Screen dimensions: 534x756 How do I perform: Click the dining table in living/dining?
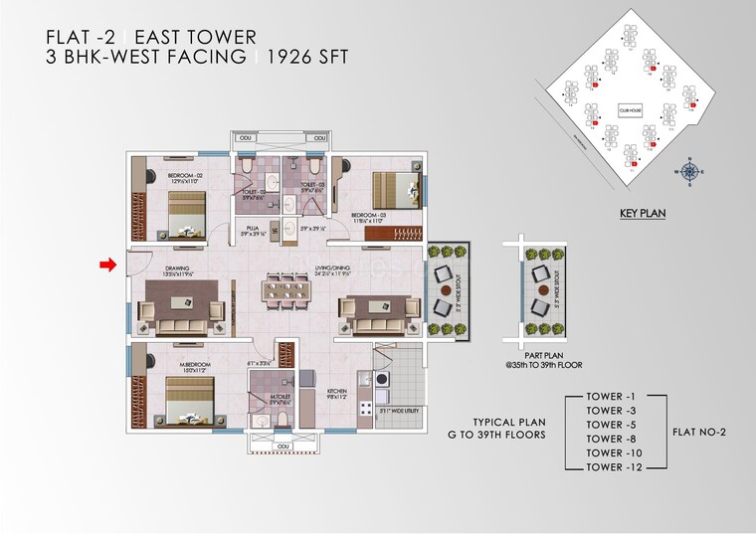[x=285, y=290]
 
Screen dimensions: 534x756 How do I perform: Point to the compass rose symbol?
[x=688, y=170]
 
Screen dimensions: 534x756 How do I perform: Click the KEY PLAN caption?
[x=641, y=213]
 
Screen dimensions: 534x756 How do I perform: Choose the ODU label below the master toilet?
[x=282, y=447]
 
